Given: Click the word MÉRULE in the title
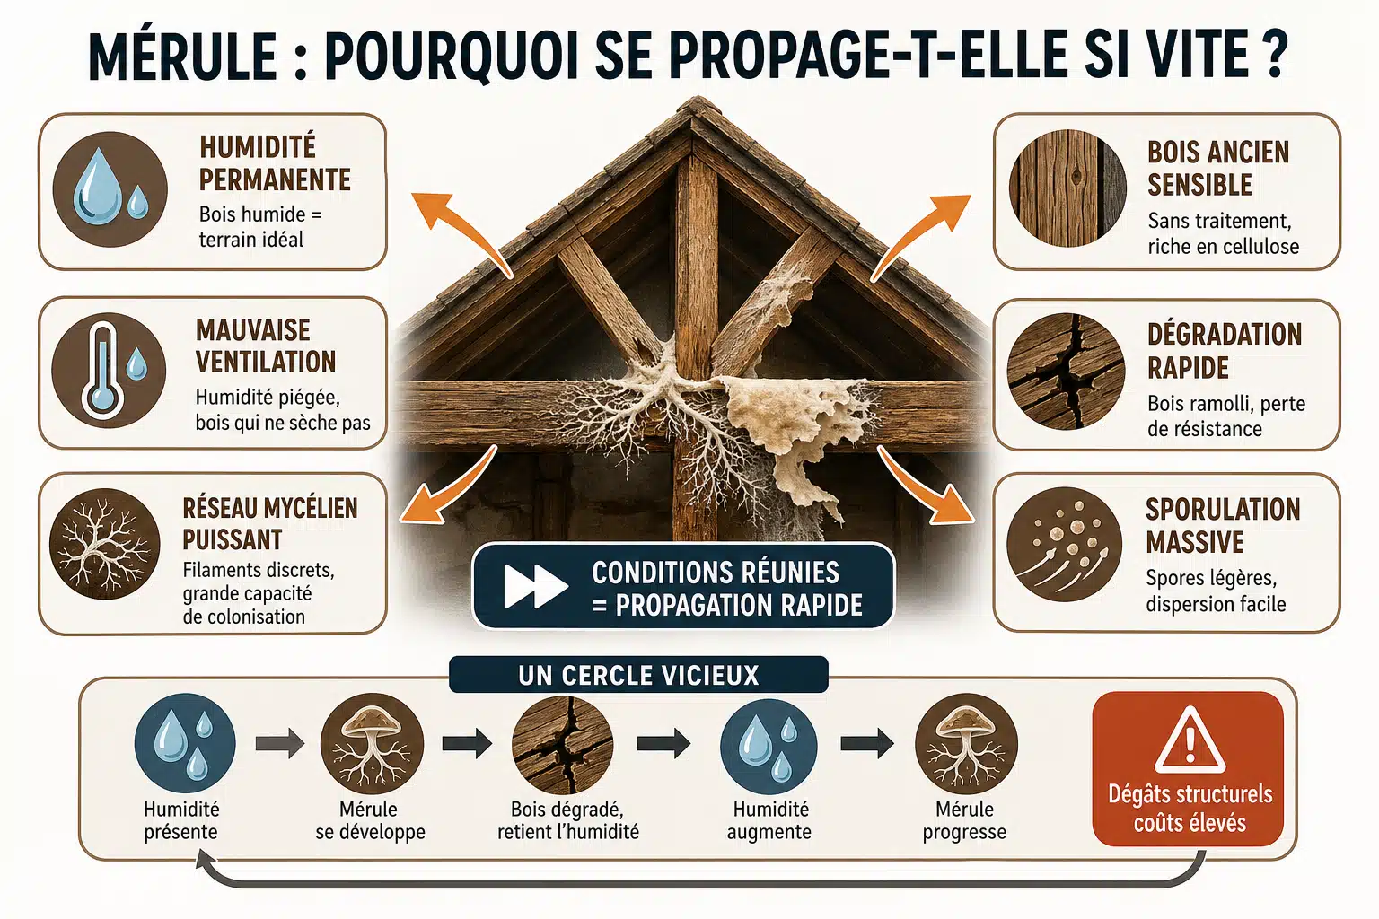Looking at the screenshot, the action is pos(182,56).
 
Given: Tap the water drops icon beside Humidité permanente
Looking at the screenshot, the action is pos(110,189).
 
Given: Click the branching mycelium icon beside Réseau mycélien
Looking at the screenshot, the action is pos(105,545).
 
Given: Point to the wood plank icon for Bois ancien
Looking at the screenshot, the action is pos(1067,188).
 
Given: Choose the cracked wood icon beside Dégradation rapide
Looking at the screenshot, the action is pos(1066,372).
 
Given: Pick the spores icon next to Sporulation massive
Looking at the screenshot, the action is pos(1065,544).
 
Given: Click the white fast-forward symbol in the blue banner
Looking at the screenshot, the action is pos(536,586).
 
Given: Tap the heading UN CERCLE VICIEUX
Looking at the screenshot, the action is pos(638,675).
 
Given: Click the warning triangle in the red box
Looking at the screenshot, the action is pos(1190,741).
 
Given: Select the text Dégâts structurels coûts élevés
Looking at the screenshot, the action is pos(1190,809).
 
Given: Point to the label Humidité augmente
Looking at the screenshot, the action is pos(769,820).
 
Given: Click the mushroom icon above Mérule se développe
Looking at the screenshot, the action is pos(372,744).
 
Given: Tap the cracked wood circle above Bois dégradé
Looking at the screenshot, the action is pos(563,744).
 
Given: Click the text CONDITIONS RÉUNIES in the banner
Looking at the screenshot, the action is pos(716,573).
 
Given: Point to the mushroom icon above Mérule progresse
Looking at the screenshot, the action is pos(966,744).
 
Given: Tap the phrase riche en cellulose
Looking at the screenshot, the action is pos(1224,246).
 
